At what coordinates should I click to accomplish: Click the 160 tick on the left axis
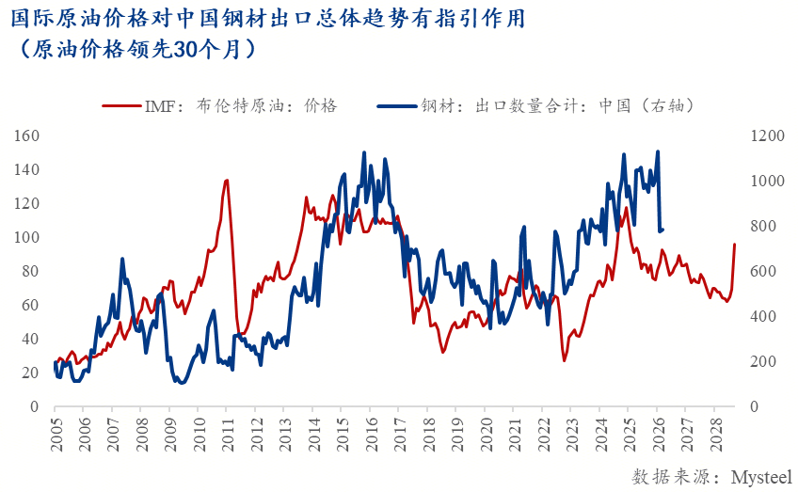(x=26, y=135)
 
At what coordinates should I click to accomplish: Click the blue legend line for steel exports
(x=395, y=105)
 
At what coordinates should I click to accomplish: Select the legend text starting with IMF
(x=239, y=105)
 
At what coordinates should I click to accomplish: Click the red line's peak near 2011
(x=227, y=180)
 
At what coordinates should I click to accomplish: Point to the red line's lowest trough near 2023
(x=565, y=360)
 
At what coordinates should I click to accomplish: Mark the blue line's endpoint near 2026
(x=663, y=230)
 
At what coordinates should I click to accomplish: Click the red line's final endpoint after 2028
(x=735, y=245)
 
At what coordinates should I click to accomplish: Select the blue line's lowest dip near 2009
(x=180, y=382)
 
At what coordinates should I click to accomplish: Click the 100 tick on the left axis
(x=26, y=237)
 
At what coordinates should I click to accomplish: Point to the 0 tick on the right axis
(x=752, y=406)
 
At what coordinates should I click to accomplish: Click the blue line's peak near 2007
(x=122, y=259)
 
